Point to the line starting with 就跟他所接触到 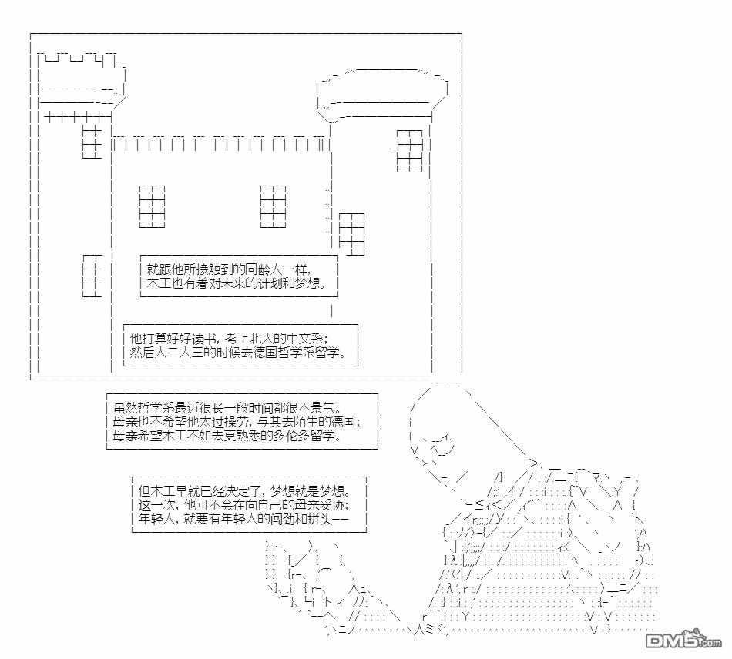pos(227,270)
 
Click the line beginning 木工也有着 pos(230,284)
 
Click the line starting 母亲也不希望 pos(236,421)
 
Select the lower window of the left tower pos(92,276)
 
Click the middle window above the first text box pos(273,206)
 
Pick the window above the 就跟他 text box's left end pos(152,206)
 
